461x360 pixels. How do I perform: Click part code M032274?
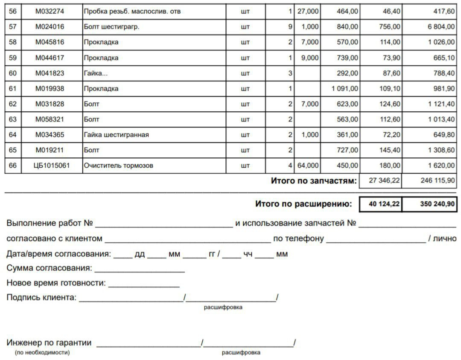coord(50,12)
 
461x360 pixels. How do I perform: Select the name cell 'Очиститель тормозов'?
coord(118,165)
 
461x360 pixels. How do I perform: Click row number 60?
coord(13,73)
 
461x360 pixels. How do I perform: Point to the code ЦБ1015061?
coord(51,165)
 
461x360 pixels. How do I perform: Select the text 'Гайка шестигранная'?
coord(116,135)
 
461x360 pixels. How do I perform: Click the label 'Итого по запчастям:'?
coord(313,181)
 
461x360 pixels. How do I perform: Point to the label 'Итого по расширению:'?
coord(303,204)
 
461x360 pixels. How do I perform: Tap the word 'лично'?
coord(445,238)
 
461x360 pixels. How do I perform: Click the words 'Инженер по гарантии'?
coord(49,343)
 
